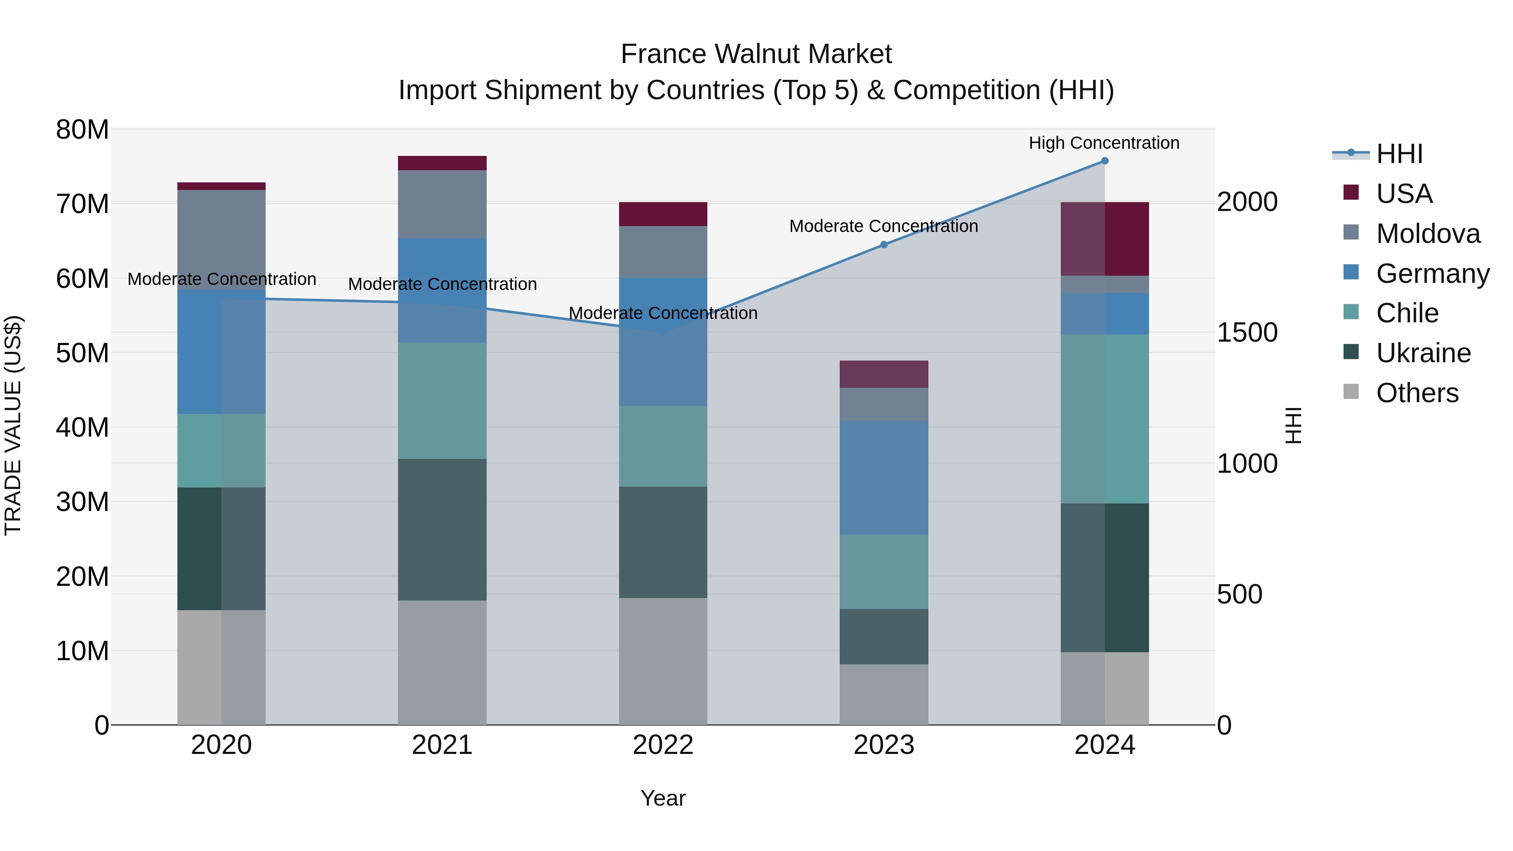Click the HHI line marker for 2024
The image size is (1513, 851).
(1104, 161)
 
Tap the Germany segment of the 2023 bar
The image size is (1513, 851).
(883, 477)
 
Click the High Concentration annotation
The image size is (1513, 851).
(1104, 143)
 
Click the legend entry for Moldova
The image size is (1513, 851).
(1428, 234)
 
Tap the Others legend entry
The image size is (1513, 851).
(1417, 393)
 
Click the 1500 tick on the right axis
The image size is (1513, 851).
(1247, 332)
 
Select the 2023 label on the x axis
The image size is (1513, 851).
(883, 745)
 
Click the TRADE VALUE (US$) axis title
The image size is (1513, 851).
(13, 425)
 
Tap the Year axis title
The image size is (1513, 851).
(662, 798)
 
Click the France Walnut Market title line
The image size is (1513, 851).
(756, 54)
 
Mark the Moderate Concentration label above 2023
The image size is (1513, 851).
(883, 226)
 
